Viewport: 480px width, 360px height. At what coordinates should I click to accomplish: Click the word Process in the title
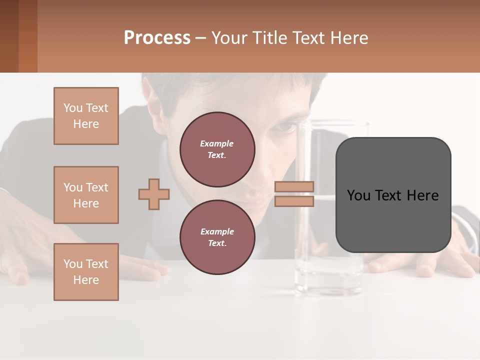[157, 38]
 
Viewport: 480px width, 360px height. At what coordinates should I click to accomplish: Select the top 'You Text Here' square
[86, 116]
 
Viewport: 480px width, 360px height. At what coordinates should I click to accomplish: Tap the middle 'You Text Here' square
[86, 195]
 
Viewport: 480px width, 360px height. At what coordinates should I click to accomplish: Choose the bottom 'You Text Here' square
[86, 272]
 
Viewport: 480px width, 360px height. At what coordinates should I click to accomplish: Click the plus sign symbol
[154, 194]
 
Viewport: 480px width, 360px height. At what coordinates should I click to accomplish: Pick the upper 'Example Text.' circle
[217, 149]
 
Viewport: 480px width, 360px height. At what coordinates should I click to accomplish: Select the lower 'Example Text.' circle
[217, 237]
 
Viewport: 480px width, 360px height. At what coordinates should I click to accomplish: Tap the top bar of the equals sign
[294, 186]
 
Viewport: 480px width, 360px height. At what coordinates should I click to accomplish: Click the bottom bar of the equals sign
[294, 201]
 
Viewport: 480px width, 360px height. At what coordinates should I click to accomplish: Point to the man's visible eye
[286, 127]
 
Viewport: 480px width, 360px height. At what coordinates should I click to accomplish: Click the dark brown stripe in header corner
[9, 36]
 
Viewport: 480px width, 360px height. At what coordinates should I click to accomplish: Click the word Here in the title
[350, 38]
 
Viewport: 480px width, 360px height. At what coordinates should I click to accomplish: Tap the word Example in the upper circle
[216, 143]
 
